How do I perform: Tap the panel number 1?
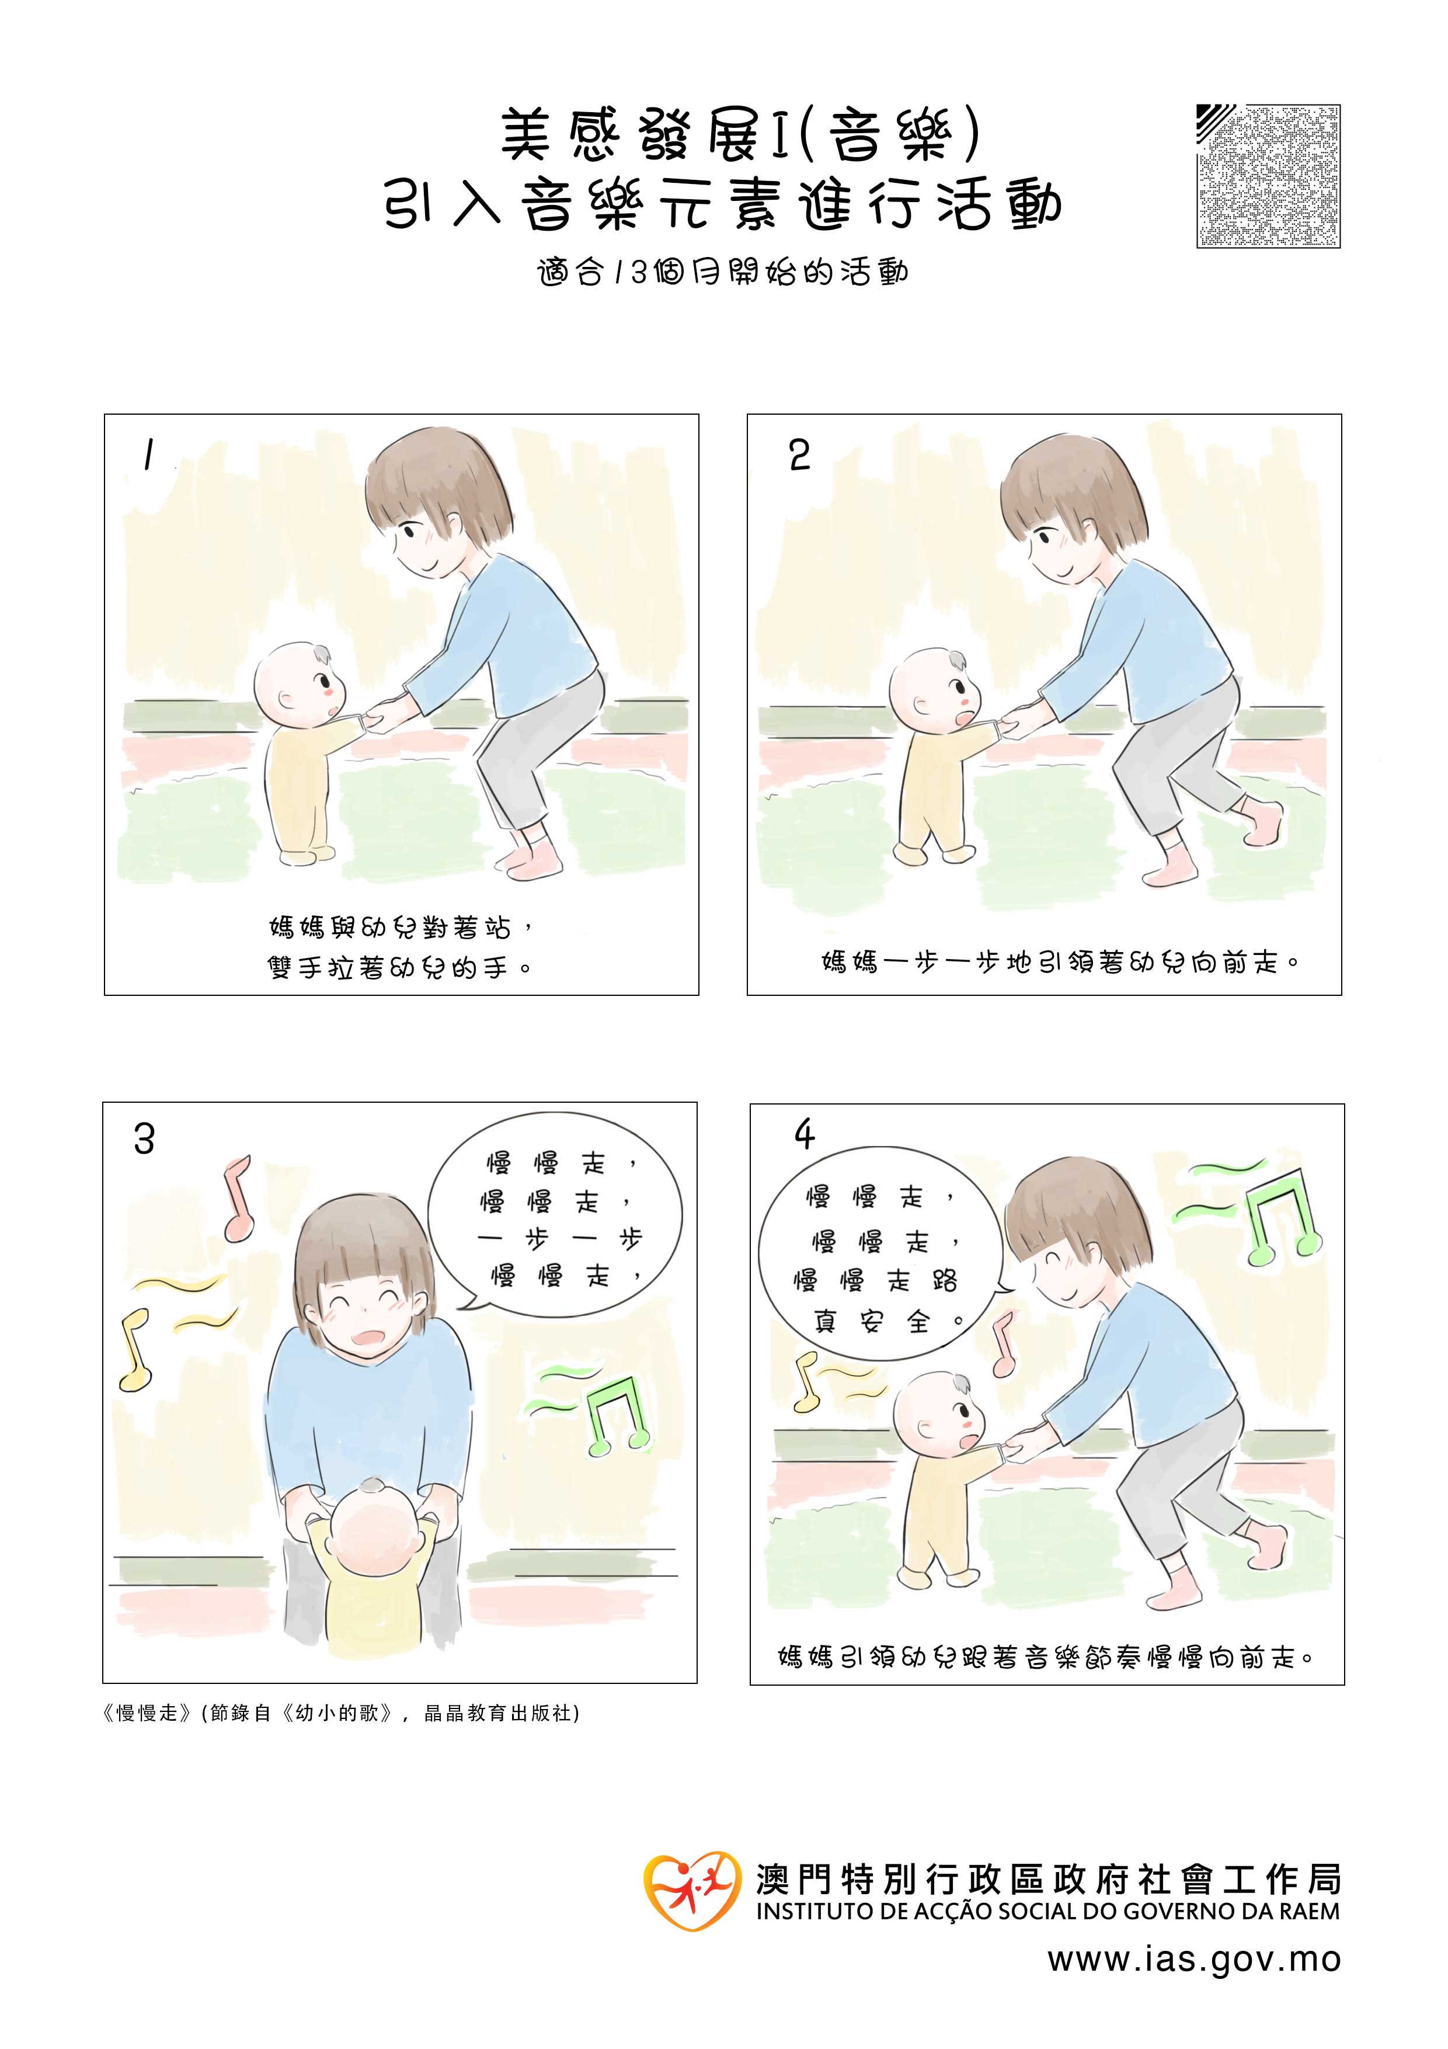point(148,456)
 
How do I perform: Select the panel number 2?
point(799,455)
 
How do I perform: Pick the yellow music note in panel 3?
point(135,1349)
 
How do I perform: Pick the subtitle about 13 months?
point(723,272)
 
